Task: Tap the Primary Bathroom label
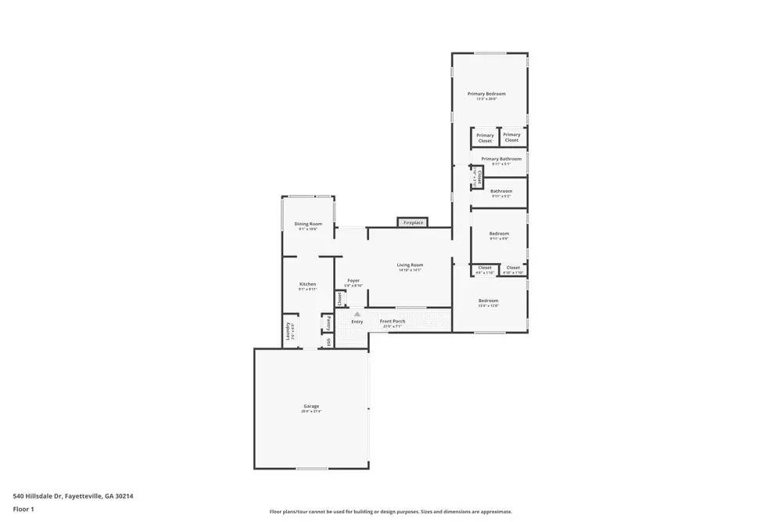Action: click(x=501, y=159)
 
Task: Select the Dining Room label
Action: click(x=308, y=224)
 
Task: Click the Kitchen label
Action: click(x=307, y=284)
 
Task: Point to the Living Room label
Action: click(x=410, y=265)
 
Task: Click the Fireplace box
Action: click(x=412, y=223)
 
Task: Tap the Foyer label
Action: click(x=353, y=280)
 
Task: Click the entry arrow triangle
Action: click(x=357, y=314)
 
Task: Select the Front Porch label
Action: click(x=392, y=322)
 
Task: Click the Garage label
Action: click(x=311, y=406)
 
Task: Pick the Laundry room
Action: click(x=289, y=330)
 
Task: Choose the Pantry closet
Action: click(x=328, y=322)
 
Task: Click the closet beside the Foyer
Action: click(x=340, y=298)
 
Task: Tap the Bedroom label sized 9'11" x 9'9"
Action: click(x=499, y=233)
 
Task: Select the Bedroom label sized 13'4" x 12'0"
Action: click(x=488, y=301)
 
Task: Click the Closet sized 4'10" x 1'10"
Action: click(x=513, y=268)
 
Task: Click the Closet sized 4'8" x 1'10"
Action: click(x=485, y=268)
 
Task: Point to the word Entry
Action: click(x=357, y=322)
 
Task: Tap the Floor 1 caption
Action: click(x=23, y=509)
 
